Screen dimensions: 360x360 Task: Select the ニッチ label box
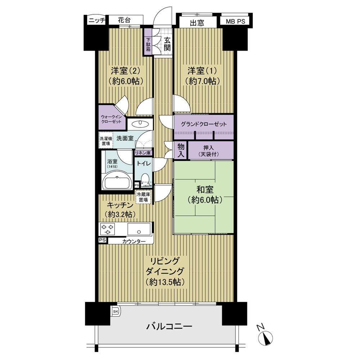pos(96,21)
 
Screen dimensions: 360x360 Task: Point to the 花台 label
pos(124,21)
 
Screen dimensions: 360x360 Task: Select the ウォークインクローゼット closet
pos(112,119)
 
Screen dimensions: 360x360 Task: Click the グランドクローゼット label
pos(204,125)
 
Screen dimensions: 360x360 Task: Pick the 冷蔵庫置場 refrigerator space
pos(143,197)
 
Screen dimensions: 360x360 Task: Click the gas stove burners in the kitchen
pos(107,229)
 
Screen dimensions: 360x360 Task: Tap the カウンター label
pos(134,241)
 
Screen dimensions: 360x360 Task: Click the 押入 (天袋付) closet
pos(211,150)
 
